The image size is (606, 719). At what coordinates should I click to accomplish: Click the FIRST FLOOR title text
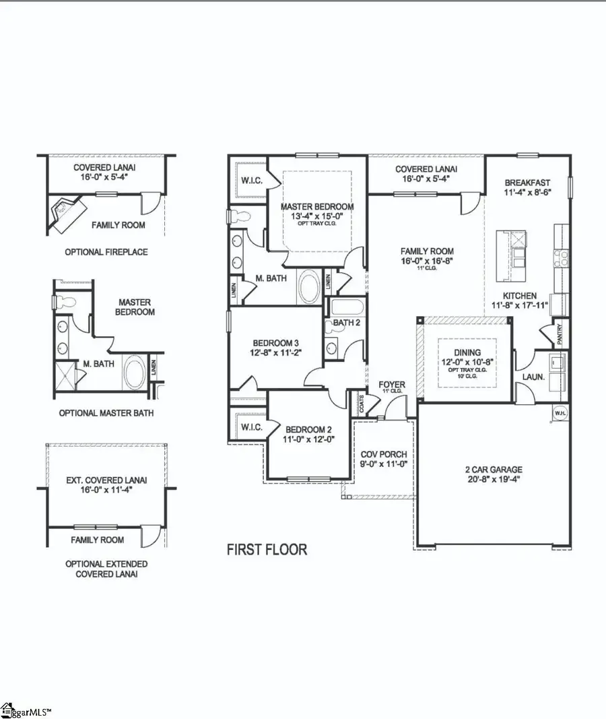[x=267, y=549]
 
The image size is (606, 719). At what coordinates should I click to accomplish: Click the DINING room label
[x=467, y=352]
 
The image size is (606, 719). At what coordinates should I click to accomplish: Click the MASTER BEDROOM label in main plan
[x=318, y=206]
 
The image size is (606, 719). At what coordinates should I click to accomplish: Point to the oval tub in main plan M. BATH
[x=310, y=286]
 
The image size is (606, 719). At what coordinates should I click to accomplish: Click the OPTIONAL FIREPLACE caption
[x=106, y=252]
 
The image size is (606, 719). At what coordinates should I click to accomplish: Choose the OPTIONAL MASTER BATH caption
[x=105, y=412]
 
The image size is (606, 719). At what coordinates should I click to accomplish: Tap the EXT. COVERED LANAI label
[x=106, y=480]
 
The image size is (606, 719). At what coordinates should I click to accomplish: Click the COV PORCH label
[x=383, y=455]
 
